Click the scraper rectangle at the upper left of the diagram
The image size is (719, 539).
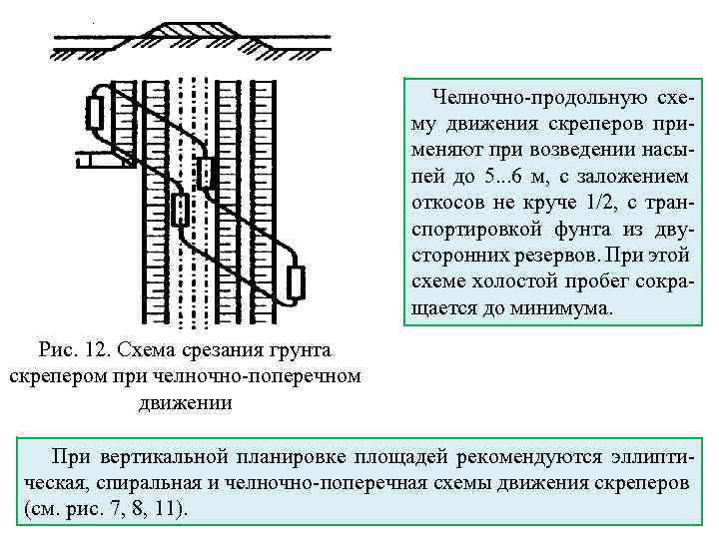(x=96, y=114)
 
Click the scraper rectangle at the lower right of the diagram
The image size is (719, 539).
(x=295, y=282)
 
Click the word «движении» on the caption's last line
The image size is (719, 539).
(x=182, y=403)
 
